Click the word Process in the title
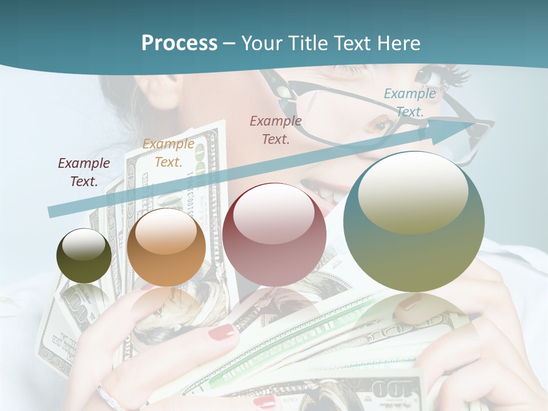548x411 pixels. pos(179,43)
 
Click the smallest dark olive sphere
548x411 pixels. pos(84,256)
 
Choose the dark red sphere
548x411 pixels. pos(275,235)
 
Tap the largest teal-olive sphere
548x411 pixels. pos(414,221)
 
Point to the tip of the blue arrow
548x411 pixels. pos(477,123)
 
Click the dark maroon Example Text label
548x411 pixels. pos(83,172)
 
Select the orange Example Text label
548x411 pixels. pos(168,152)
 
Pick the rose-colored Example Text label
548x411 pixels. pos(276,130)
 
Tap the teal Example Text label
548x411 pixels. pos(409,102)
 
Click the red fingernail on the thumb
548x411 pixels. pos(221,332)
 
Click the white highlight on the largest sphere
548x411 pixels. pos(413,191)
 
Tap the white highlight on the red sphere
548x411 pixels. pos(273,217)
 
